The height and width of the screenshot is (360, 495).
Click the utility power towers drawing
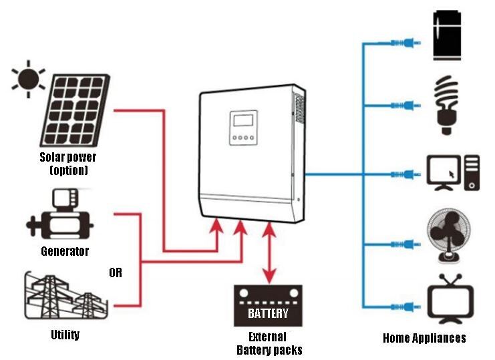[x=63, y=297]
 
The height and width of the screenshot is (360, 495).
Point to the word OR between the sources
[x=116, y=273]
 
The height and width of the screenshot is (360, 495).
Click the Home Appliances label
[x=424, y=338]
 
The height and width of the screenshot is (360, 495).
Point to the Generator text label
[x=64, y=252]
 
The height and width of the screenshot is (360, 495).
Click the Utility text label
[x=65, y=334]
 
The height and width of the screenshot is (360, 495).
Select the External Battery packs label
[x=269, y=343]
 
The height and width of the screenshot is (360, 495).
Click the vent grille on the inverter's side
[x=299, y=110]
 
